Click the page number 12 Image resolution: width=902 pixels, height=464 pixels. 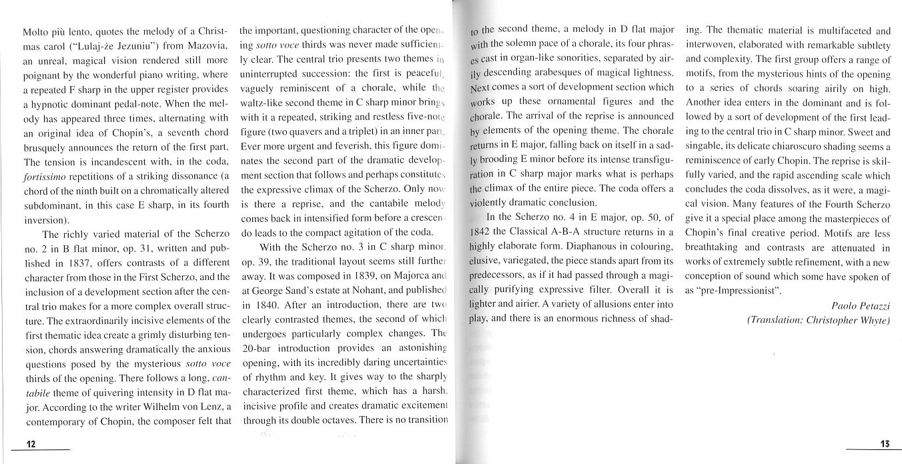pyautogui.click(x=31, y=444)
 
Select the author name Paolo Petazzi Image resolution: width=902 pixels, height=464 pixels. pyautogui.click(x=860, y=305)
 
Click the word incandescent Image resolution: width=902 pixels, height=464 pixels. pyautogui.click(x=121, y=175)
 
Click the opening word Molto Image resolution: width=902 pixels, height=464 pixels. pyautogui.click(x=35, y=31)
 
